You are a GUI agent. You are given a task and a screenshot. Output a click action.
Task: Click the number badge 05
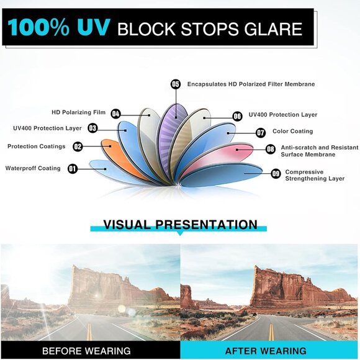176,84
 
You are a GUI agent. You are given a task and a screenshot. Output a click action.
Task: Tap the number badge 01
73,169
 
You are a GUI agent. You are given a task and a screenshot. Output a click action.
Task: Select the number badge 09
276,174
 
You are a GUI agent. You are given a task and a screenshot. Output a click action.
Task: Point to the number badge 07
261,132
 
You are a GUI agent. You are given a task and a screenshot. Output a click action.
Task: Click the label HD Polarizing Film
79,112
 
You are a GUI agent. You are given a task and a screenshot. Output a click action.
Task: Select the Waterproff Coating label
33,168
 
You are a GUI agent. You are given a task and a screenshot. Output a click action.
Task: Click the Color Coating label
293,131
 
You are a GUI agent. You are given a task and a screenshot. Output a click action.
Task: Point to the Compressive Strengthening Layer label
315,175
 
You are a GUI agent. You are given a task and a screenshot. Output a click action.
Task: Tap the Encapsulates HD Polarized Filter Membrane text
251,84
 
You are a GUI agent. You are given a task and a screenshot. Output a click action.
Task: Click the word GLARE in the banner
273,29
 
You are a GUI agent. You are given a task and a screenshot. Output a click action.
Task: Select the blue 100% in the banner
38,27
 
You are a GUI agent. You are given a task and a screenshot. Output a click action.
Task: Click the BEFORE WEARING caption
86,351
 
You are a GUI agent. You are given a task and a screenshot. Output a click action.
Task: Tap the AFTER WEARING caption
266,351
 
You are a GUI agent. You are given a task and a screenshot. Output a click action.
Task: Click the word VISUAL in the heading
128,224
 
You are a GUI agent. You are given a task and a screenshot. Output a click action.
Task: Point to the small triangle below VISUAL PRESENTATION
180,233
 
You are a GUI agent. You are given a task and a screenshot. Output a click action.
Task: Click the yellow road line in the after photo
271,331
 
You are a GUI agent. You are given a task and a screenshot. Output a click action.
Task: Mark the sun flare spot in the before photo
97,295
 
